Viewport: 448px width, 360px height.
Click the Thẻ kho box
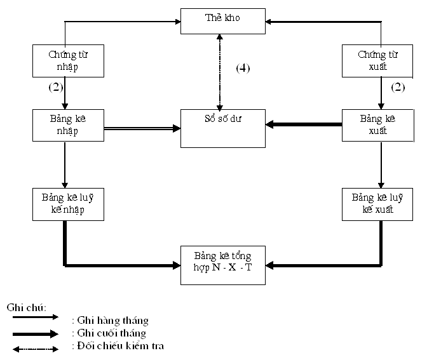click(222, 20)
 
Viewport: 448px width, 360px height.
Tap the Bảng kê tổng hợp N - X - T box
click(222, 261)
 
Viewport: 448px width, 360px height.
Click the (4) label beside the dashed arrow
click(243, 69)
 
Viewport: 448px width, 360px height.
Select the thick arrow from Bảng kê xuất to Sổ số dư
click(304, 124)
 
